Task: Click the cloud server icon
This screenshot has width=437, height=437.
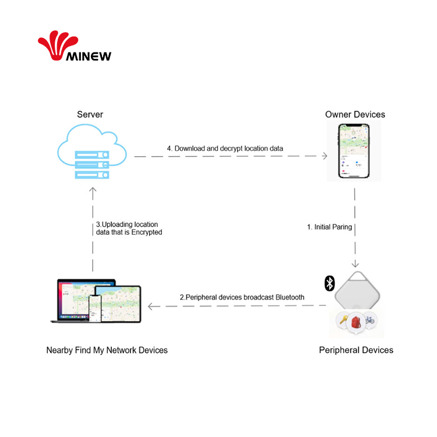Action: pos(92,154)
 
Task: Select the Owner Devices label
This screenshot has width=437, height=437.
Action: pos(355,114)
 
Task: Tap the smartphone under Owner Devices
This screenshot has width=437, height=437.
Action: pos(354,153)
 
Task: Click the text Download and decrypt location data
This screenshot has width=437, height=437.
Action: pos(225,149)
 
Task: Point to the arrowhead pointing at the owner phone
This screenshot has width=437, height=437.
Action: pos(325,156)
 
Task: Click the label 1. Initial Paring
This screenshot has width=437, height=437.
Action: pos(329,227)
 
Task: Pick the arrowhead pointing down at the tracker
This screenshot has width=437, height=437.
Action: pos(355,263)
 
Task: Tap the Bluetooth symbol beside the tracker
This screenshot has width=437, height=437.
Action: pos(329,284)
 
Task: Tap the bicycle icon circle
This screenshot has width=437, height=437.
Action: pos(369,319)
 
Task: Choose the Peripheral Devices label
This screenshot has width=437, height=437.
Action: pos(356,350)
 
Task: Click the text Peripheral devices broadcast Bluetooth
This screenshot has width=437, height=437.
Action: pos(242,297)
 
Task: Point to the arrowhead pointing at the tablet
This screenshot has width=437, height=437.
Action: pos(151,306)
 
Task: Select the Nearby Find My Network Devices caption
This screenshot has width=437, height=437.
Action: pos(107,350)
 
